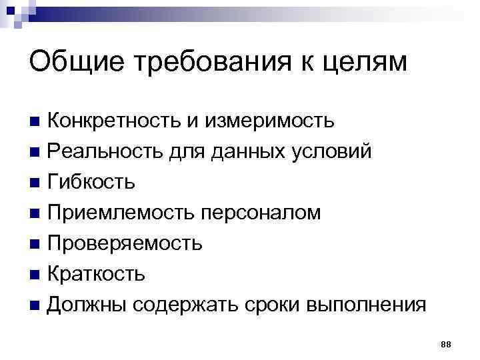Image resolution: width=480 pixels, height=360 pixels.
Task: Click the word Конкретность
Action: [x=123, y=121]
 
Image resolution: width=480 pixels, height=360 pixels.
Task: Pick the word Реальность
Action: [x=109, y=151]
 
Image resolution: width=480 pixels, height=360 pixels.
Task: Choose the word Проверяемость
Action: [x=125, y=243]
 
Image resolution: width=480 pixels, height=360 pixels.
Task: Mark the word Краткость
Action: [x=95, y=273]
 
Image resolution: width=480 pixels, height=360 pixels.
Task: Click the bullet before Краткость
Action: [x=35, y=274]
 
